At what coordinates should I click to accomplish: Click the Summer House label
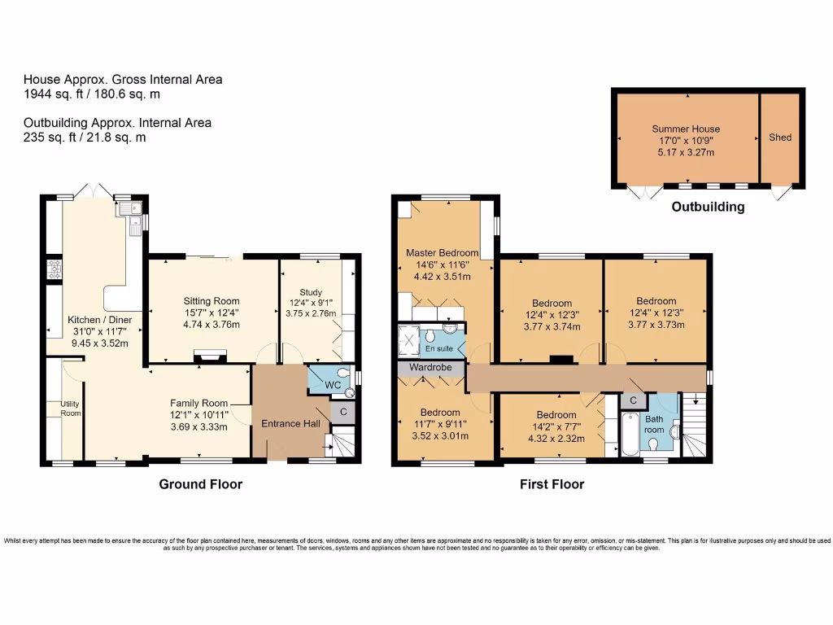point(686,129)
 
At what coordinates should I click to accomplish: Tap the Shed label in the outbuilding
point(779,138)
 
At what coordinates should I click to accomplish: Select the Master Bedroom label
point(443,253)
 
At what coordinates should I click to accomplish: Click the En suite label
point(439,348)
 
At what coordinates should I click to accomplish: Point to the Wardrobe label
point(430,368)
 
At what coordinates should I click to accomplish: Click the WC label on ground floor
point(333,384)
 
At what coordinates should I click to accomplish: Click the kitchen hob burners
point(55,269)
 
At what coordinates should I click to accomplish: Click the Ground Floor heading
point(200,484)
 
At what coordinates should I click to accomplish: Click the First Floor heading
point(552,484)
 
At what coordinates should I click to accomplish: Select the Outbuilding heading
point(707,207)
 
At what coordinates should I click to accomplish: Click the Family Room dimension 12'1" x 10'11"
point(198,415)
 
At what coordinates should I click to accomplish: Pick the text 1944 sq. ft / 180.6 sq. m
point(91,94)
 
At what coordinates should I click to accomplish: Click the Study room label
point(311,292)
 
